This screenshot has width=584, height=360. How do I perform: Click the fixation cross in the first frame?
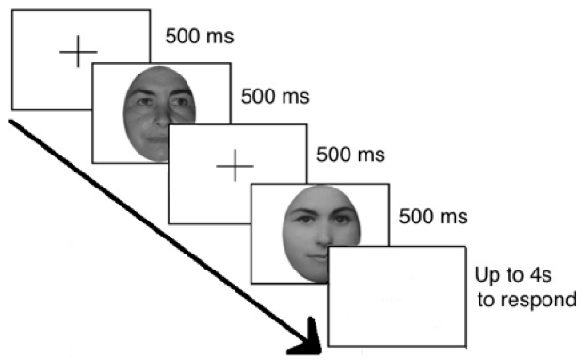click(x=78, y=52)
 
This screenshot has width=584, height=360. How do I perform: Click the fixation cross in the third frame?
click(x=235, y=166)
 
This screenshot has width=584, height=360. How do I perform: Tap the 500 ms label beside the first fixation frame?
click(x=200, y=37)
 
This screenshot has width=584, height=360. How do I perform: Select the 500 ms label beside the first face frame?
click(x=275, y=96)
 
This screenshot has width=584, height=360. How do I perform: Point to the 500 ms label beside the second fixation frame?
click(x=350, y=155)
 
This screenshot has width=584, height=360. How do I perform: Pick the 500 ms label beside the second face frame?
click(x=433, y=217)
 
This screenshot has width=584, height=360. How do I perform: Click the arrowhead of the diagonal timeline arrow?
click(x=307, y=339)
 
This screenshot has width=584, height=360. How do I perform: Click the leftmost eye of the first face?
click(x=144, y=102)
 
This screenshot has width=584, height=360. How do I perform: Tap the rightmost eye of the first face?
click(x=179, y=101)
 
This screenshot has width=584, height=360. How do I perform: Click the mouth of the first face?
click(x=158, y=139)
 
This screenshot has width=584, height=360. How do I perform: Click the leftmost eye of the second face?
click(x=304, y=220)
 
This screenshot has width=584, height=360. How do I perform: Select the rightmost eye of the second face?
click(x=341, y=220)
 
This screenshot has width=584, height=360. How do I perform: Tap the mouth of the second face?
click(x=317, y=257)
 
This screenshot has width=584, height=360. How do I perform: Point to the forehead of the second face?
click(x=321, y=198)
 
